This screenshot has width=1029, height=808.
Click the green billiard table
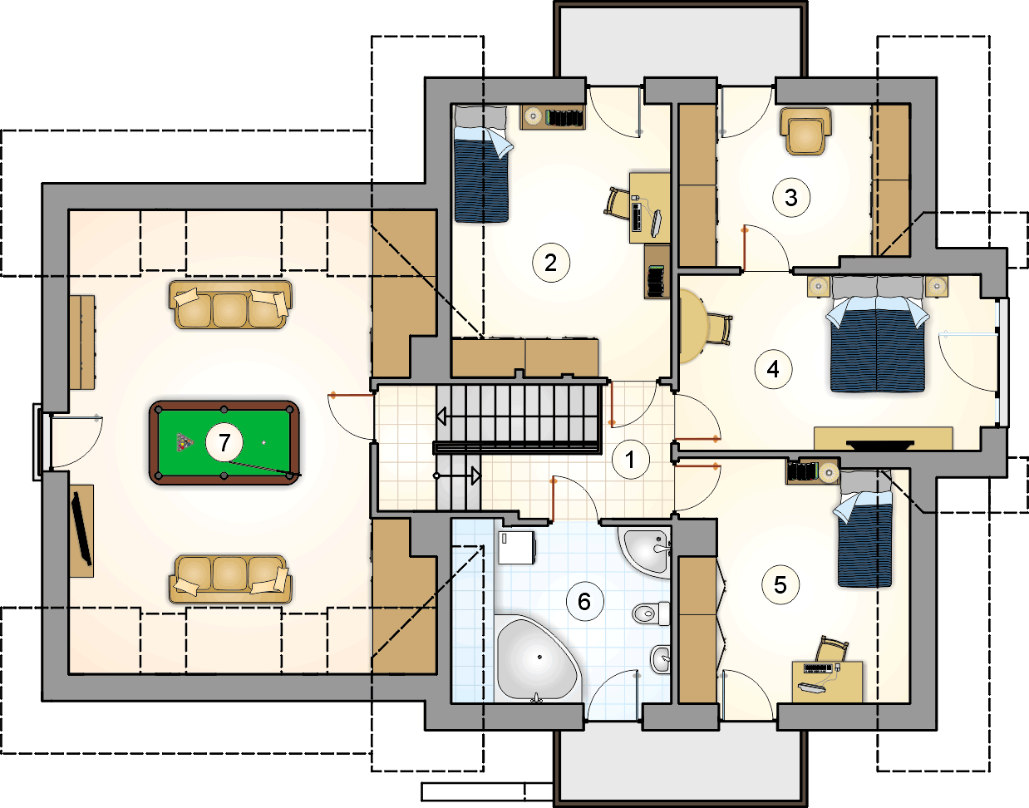point(224,443)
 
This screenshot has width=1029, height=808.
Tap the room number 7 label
point(224,442)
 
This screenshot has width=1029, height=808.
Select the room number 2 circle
point(551,263)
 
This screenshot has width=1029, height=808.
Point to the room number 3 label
point(790,198)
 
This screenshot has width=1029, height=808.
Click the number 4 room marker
point(773,369)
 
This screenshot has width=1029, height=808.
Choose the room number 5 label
point(780,585)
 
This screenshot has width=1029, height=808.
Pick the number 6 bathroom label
point(584,602)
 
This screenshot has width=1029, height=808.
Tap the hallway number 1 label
point(630,460)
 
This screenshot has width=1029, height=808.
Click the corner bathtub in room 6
point(537,658)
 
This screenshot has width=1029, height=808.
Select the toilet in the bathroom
point(651,613)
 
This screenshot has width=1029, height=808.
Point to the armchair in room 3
point(805,131)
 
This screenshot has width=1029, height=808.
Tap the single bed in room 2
point(482,164)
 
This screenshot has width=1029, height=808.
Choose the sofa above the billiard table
point(230,304)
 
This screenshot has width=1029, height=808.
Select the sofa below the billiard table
point(230,579)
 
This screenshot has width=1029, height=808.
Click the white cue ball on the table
point(263,443)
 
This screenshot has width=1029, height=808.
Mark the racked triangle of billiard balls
point(185,442)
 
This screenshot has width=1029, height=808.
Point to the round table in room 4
point(693,327)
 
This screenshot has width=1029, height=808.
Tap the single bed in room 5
point(864,528)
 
